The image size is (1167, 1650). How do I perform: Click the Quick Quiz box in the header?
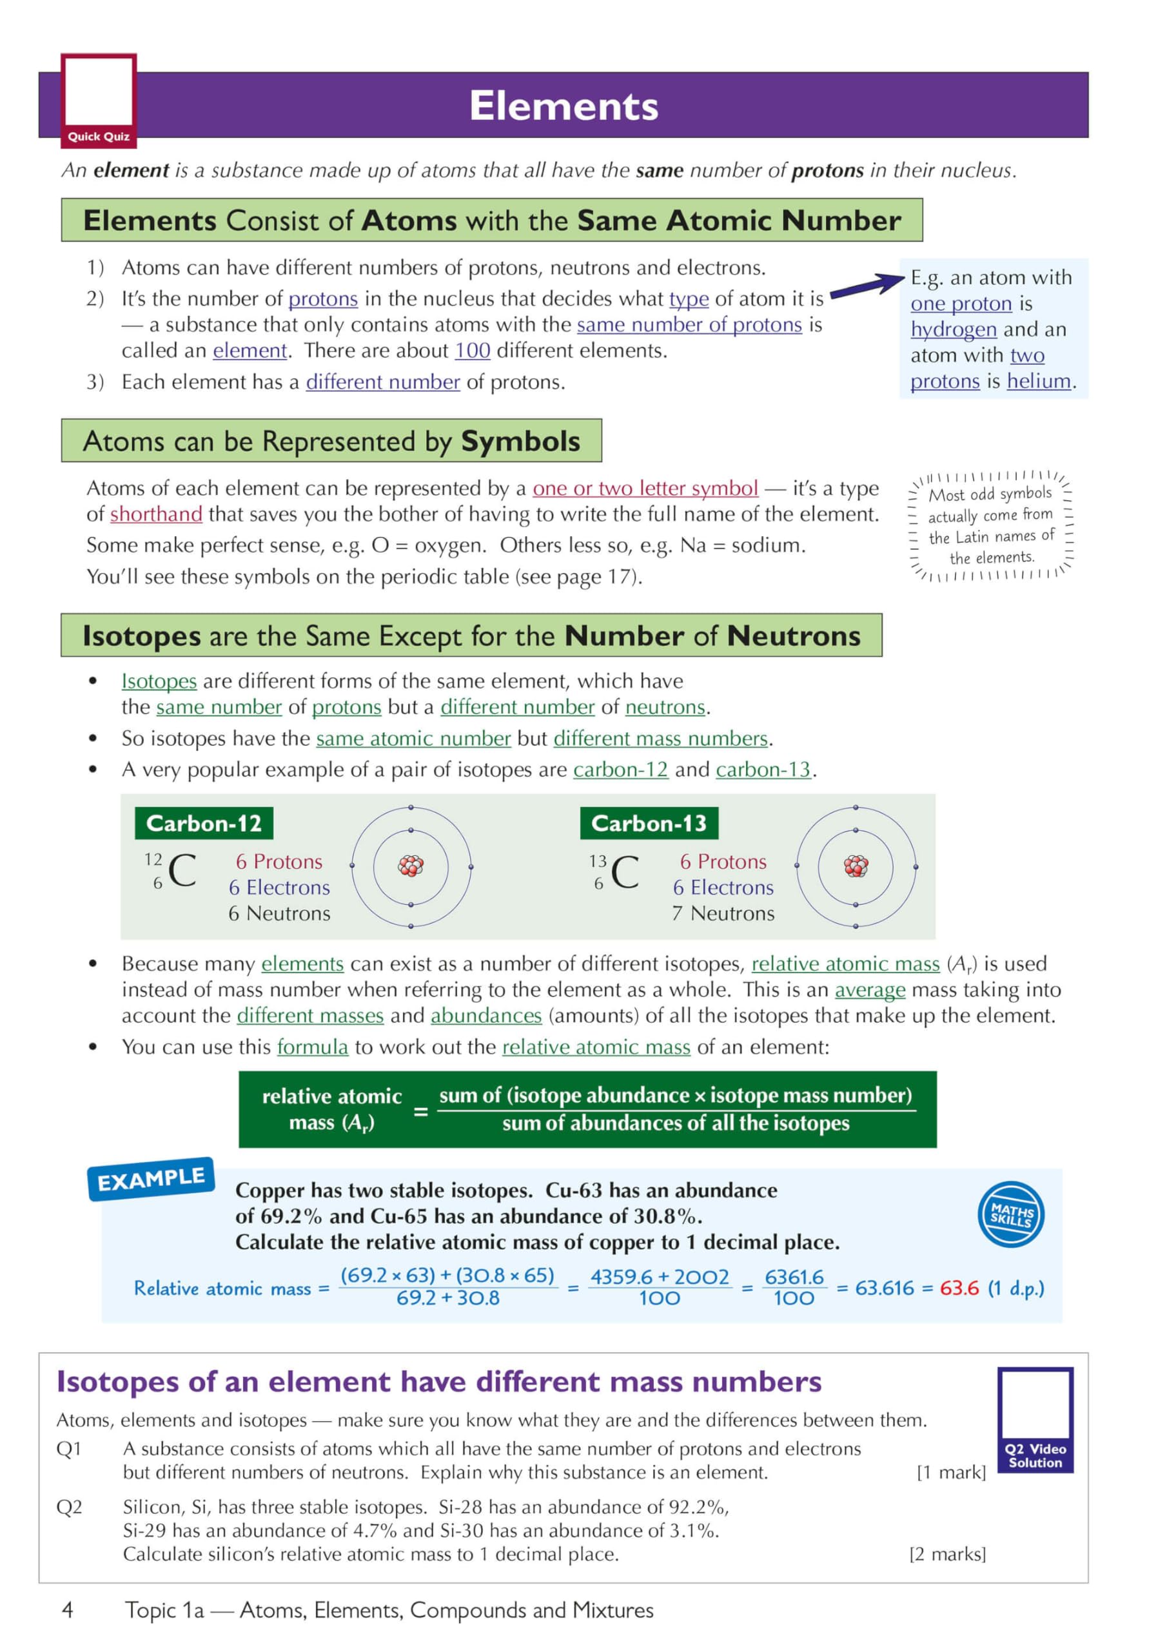(x=99, y=101)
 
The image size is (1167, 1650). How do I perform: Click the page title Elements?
(x=563, y=106)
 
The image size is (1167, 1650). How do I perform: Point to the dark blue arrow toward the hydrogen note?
(x=867, y=286)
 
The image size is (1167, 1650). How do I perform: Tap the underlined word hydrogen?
(x=953, y=329)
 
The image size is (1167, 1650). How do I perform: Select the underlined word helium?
(x=1038, y=381)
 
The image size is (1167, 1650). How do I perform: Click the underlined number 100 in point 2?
(x=473, y=351)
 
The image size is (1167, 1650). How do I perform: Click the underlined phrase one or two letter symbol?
(x=645, y=489)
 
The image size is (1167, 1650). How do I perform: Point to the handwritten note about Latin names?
(x=990, y=525)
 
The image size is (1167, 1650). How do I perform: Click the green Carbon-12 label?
(x=204, y=824)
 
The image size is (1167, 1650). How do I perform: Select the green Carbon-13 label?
(x=649, y=824)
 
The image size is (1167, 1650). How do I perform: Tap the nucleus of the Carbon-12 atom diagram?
(x=411, y=867)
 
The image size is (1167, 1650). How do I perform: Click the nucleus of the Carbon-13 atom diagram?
(x=856, y=867)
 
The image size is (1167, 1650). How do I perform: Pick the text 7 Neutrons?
(x=723, y=913)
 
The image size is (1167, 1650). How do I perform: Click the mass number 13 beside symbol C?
(x=598, y=861)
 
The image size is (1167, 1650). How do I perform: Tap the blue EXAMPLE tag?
(x=151, y=1179)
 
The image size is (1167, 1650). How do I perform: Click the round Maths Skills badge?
(x=1011, y=1214)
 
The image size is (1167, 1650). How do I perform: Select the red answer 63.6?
(x=959, y=1288)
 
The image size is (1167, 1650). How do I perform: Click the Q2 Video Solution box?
(x=1035, y=1420)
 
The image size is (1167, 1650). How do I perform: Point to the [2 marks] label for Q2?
(x=947, y=1555)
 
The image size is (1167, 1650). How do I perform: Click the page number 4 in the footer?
(x=68, y=1610)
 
